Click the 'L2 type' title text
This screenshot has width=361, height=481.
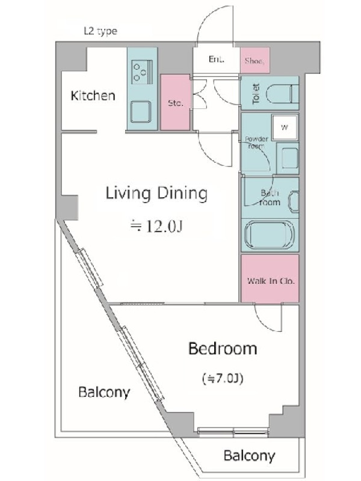pyautogui.click(x=100, y=31)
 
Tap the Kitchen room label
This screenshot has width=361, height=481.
pyautogui.click(x=93, y=96)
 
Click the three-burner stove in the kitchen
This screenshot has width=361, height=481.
pyautogui.click(x=142, y=72)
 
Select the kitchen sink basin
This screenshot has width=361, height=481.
pyautogui.click(x=141, y=112)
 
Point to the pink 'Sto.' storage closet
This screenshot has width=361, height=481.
pyautogui.click(x=175, y=102)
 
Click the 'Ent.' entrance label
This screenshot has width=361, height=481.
pyautogui.click(x=217, y=59)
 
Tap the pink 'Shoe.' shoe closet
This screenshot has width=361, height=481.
pyautogui.click(x=255, y=60)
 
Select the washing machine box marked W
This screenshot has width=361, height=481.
pyautogui.click(x=285, y=127)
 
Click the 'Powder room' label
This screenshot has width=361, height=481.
pyautogui.click(x=256, y=142)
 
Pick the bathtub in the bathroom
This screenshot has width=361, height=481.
pyautogui.click(x=270, y=234)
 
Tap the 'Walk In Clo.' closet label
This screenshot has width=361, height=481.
pyautogui.click(x=271, y=281)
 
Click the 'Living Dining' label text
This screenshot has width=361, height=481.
pyautogui.click(x=156, y=194)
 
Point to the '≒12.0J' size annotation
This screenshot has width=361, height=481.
pyautogui.click(x=156, y=227)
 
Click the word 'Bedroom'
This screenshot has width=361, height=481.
pyautogui.click(x=223, y=349)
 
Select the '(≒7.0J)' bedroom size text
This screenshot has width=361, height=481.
pyautogui.click(x=223, y=379)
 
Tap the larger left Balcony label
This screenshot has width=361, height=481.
pyautogui.click(x=104, y=393)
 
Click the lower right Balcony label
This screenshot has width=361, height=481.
pyautogui.click(x=249, y=456)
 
